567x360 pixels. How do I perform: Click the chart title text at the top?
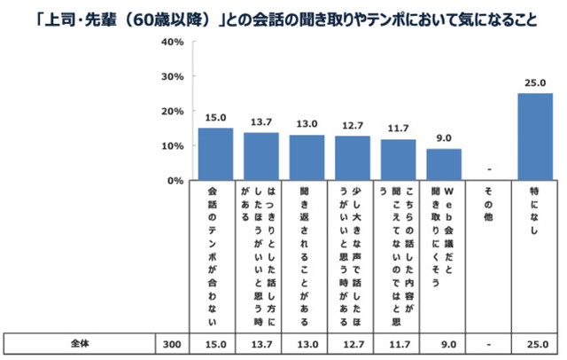(283, 17)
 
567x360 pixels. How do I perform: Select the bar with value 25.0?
(535, 137)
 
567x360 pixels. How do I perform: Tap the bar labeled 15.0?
(214, 154)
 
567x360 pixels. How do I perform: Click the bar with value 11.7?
(398, 160)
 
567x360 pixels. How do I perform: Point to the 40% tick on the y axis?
(171, 43)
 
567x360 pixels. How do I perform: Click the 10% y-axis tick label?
(171, 145)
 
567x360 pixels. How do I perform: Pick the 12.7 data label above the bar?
(352, 127)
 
